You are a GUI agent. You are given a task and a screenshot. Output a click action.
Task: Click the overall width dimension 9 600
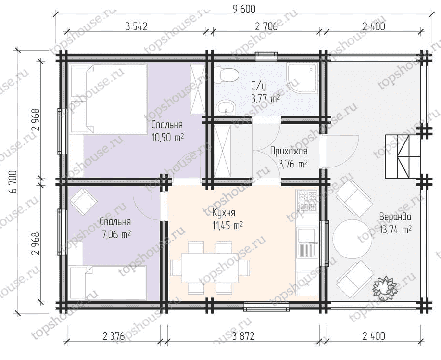tap(244, 9)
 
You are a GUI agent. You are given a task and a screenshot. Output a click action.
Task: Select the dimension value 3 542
tap(137, 26)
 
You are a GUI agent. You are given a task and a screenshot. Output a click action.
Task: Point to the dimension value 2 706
tap(266, 26)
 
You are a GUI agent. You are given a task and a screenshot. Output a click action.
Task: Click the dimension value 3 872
tap(243, 336)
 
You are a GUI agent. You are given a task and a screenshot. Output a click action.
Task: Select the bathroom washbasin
tap(226, 107)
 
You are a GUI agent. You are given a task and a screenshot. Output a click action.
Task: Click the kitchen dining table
tap(210, 268)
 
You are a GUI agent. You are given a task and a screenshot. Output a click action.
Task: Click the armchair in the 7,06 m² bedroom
tap(84, 202)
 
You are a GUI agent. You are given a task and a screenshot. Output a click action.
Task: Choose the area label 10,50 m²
tap(168, 138)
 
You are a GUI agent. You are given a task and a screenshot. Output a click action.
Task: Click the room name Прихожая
tap(289, 152)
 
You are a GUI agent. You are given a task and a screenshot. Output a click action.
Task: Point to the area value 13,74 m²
tap(396, 230)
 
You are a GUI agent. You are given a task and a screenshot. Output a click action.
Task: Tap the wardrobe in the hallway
tap(222, 151)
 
